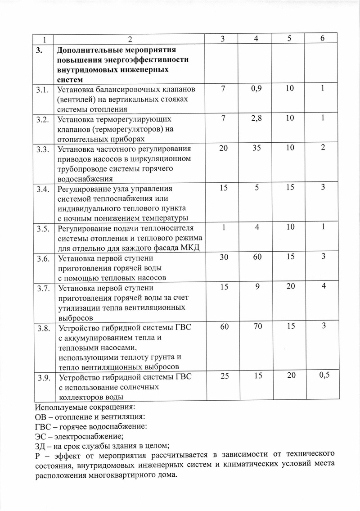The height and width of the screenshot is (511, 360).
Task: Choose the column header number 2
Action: (x=130, y=39)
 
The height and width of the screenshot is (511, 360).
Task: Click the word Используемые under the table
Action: (x=66, y=407)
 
